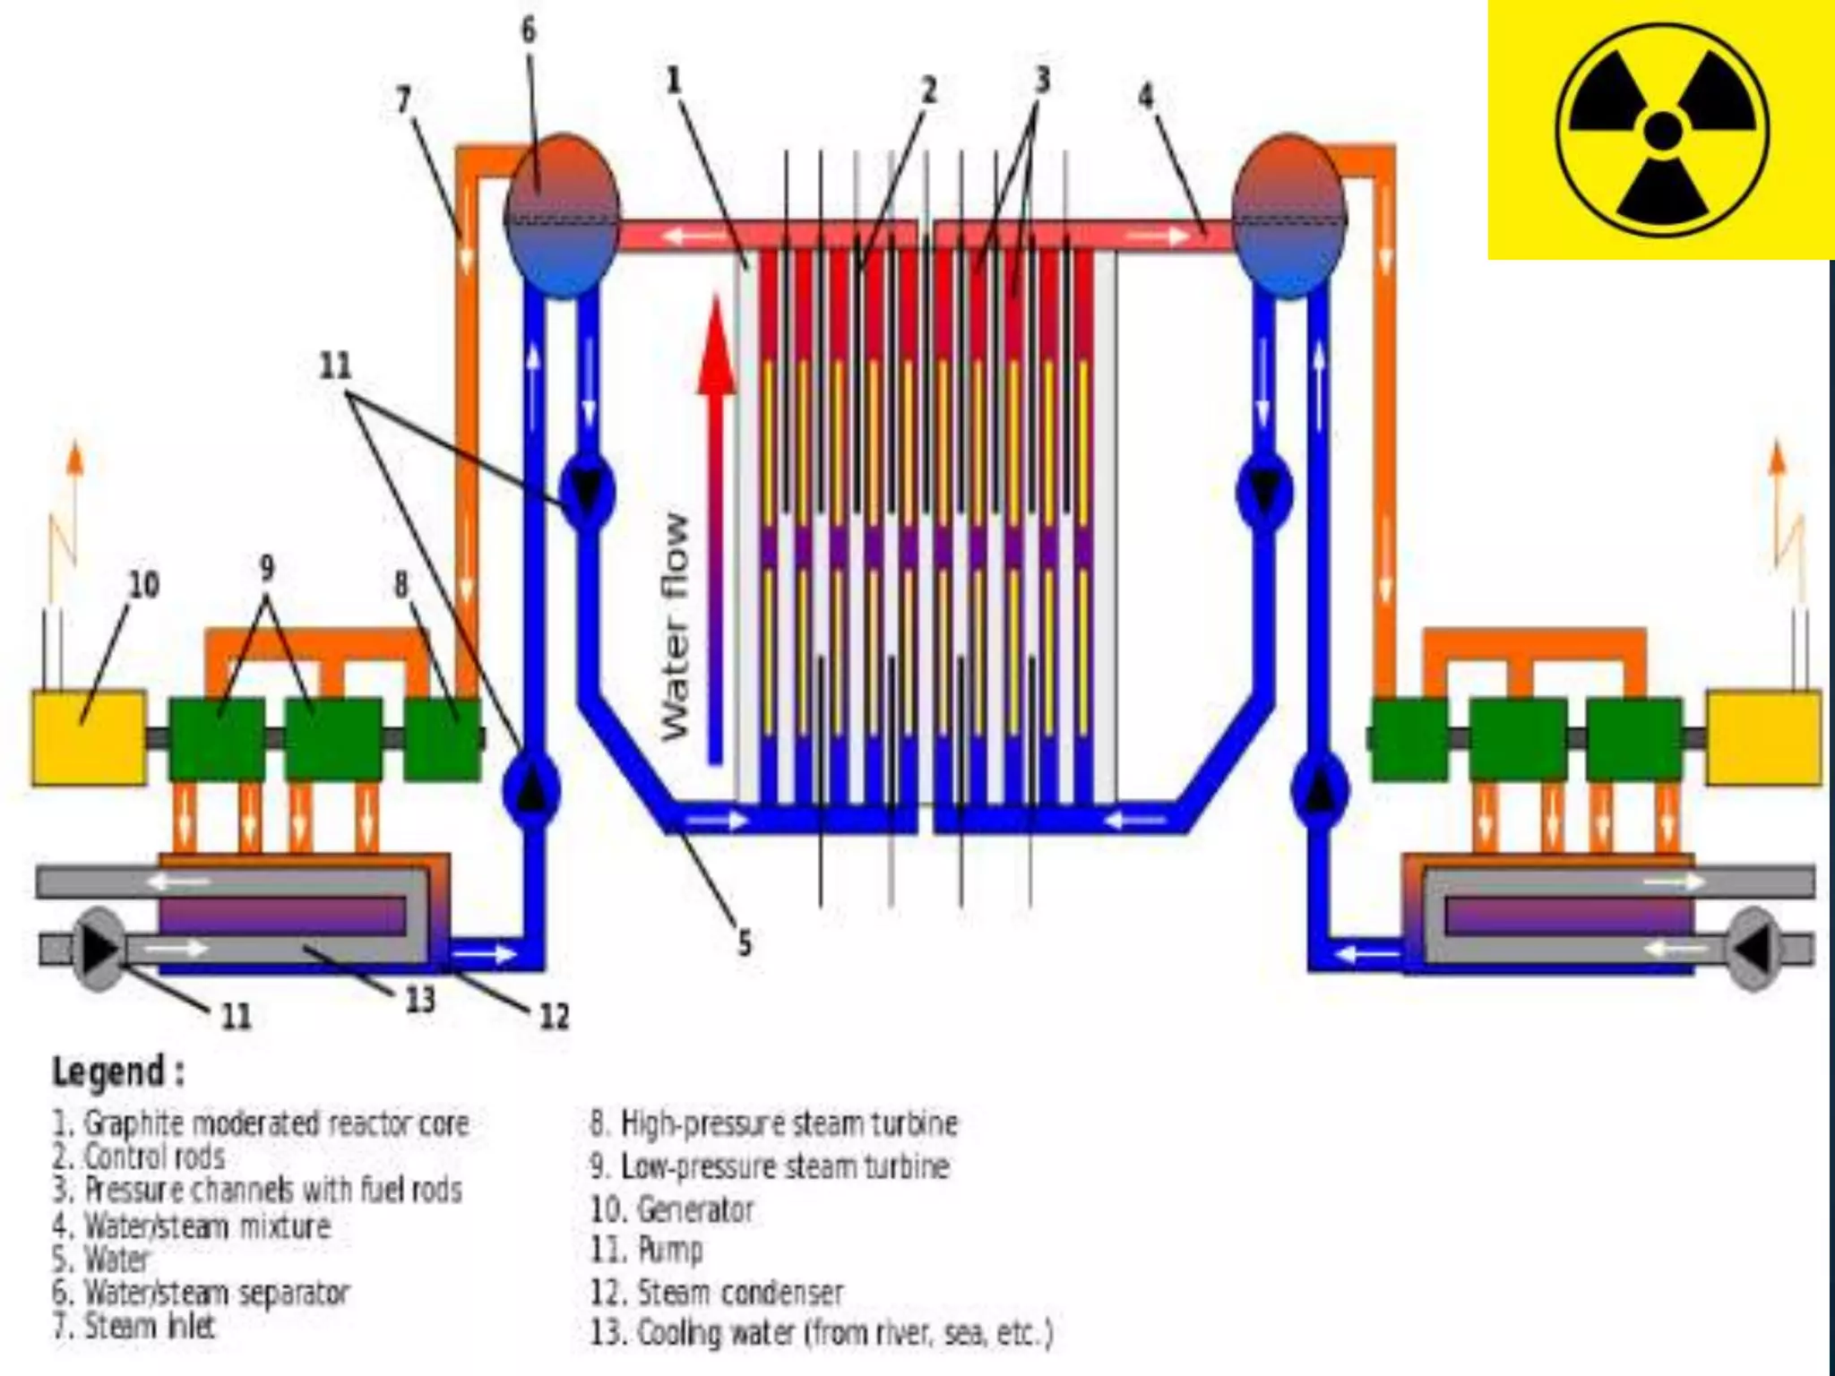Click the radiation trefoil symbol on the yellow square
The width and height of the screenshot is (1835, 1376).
coord(1663,131)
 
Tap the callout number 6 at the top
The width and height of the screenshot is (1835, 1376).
coord(529,30)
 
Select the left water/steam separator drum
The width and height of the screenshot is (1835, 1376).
coord(562,216)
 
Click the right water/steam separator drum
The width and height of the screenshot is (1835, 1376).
coord(1288,216)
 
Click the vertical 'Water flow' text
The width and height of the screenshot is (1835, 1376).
coord(676,627)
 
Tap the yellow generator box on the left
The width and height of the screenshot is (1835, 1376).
coord(89,737)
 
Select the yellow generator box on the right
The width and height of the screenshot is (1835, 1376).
coord(1762,737)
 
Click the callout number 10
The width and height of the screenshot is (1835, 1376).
coord(143,585)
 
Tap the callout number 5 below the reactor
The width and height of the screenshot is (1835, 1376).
coord(744,942)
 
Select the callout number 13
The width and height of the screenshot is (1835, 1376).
coord(420,999)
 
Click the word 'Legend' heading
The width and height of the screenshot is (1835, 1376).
coord(117,1071)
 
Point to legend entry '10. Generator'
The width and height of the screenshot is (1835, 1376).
coord(672,1209)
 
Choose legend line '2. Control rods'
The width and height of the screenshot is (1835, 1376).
coord(139,1157)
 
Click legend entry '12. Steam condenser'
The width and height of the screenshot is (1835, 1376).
coord(717,1292)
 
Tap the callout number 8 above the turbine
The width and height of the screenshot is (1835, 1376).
coord(401,584)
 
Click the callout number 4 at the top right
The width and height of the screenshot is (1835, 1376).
coord(1146,96)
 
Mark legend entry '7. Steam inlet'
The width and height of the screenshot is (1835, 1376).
coord(134,1326)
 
